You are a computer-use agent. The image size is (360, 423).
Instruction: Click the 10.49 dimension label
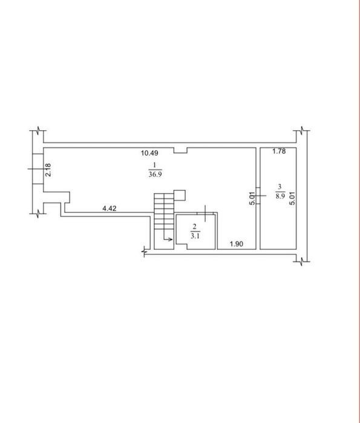[x=149, y=153]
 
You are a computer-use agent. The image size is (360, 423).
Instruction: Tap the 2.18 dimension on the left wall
[x=48, y=169]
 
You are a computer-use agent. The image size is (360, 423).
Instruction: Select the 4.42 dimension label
[x=110, y=208]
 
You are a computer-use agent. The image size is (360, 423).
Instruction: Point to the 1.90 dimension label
[x=236, y=244]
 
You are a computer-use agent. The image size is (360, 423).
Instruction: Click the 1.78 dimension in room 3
[x=279, y=151]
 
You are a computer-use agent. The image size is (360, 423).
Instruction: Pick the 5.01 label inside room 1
[x=252, y=198]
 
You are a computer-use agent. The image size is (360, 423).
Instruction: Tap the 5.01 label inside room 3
[x=292, y=198]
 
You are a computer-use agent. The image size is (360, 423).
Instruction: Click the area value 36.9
[x=155, y=174]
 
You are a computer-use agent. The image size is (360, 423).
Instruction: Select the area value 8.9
[x=280, y=196]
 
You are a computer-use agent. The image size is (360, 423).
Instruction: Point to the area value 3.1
[x=195, y=236]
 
